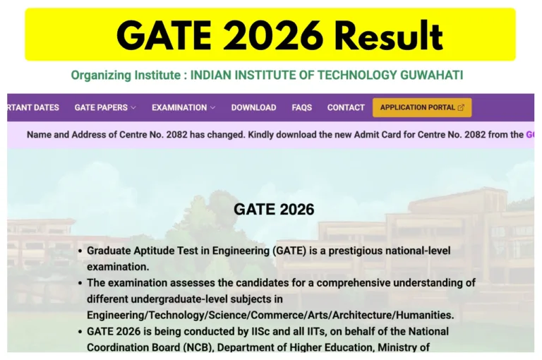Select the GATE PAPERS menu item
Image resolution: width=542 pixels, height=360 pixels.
click(x=101, y=108)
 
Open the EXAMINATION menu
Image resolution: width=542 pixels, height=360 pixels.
click(x=179, y=108)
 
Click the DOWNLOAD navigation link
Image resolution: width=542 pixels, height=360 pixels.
click(x=253, y=108)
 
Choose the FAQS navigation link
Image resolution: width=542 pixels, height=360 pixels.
click(x=301, y=108)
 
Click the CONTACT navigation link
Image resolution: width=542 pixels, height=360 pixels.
click(x=346, y=108)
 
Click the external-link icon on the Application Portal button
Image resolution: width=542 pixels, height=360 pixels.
click(x=461, y=108)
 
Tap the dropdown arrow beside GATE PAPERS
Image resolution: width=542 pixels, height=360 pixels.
click(x=133, y=108)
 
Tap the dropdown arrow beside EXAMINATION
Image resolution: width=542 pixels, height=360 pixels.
click(x=212, y=108)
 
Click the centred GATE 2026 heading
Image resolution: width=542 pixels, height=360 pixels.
click(x=274, y=210)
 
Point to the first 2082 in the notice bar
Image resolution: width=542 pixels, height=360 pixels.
click(x=183, y=134)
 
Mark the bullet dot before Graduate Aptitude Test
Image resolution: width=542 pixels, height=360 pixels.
click(x=80, y=251)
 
